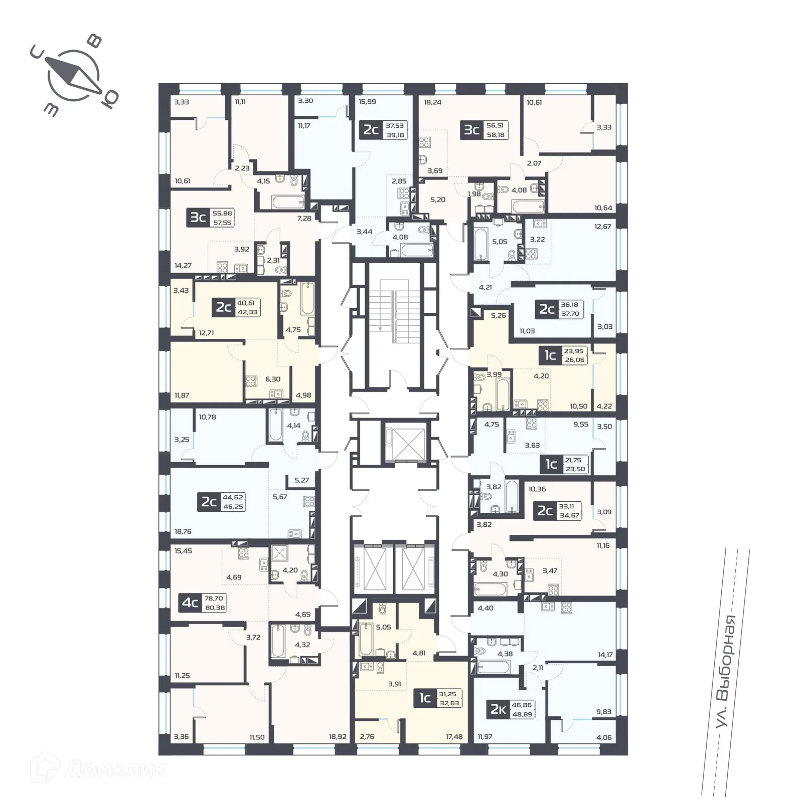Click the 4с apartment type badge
[190, 603]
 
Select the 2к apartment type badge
[498, 709]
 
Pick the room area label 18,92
[338, 736]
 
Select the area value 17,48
[454, 736]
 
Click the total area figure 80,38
[215, 608]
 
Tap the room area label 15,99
[367, 101]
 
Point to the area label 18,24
[433, 102]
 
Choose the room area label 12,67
[602, 226]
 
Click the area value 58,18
[495, 135]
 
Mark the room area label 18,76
[183, 531]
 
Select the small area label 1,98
[474, 194]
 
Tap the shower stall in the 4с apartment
[279, 552]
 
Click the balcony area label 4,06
[604, 737]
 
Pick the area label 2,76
[368, 736]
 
